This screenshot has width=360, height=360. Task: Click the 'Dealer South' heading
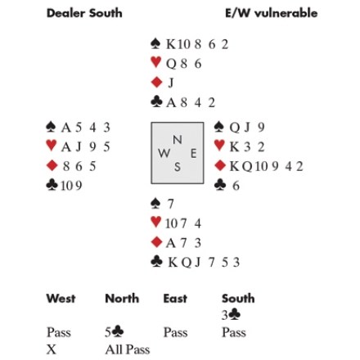(84, 13)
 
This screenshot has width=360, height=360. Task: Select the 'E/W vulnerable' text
(272, 13)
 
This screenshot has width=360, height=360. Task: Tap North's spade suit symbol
(155, 43)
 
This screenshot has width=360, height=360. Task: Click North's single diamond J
(171, 83)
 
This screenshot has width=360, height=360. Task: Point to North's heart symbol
(155, 62)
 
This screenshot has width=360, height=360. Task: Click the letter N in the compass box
(178, 140)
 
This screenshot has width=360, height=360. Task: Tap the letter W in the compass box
(164, 154)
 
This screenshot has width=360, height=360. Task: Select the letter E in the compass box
(193, 154)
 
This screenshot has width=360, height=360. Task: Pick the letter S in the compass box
(178, 167)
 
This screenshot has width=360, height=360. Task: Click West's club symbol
(52, 185)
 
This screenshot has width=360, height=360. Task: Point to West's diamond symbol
(52, 165)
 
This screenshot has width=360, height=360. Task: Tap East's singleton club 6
(236, 186)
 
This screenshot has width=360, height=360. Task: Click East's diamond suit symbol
(220, 165)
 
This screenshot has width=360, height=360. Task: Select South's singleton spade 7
(170, 204)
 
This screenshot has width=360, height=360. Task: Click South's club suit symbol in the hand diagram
(156, 262)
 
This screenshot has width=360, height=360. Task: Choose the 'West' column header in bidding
(61, 299)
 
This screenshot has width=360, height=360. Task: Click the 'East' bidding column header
(175, 299)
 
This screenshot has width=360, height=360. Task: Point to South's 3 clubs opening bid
(231, 315)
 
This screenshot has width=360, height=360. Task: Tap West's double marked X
(52, 349)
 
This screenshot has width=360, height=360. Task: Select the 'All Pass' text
(128, 349)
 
